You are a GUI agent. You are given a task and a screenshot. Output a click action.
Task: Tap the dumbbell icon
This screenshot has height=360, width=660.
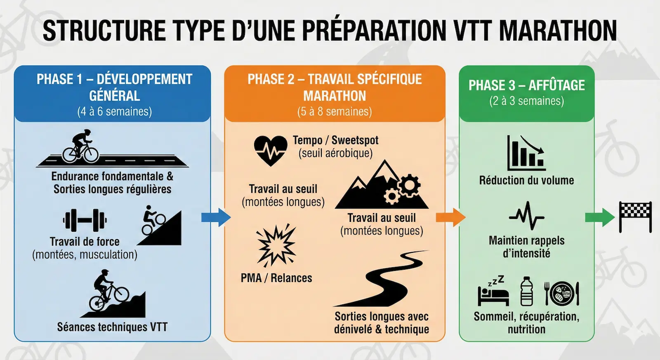(85, 220)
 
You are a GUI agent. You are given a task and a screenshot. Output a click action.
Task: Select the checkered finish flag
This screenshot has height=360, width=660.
(635, 216)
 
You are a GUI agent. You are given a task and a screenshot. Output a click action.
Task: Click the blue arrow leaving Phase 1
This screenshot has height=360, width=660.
(215, 217)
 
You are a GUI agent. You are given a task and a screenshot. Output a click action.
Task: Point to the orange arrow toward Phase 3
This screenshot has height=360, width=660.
(450, 217)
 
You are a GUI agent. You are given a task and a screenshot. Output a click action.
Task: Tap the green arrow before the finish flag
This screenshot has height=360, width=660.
(599, 217)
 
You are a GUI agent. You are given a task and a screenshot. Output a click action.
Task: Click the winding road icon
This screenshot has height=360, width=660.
(382, 278)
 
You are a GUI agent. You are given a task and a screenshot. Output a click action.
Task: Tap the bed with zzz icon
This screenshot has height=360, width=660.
(493, 291)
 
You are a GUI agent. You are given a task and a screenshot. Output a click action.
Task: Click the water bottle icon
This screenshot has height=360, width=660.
(527, 291)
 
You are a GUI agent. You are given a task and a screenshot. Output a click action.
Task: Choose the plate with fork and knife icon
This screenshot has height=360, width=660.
(561, 293)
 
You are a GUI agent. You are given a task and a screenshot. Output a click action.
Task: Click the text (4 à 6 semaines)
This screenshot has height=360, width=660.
(114, 112)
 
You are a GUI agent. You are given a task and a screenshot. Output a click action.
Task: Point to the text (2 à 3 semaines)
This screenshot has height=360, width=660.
(526, 101)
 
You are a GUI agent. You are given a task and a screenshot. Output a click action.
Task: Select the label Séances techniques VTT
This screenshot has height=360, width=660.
(112, 327)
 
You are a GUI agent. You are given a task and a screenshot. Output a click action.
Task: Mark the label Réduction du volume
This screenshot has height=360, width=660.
(526, 180)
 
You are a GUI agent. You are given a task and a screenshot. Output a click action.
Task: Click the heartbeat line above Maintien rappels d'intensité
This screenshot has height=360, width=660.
(526, 216)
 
